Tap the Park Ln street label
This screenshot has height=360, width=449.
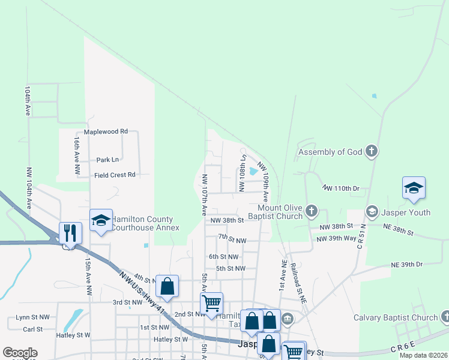click(107, 160)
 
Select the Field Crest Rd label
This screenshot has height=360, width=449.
click(115, 175)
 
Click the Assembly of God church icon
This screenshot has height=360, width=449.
click(372, 152)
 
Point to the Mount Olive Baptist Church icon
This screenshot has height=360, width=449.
click(311, 211)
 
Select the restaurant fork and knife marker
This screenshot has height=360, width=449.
click(70, 232)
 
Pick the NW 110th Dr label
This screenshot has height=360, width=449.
click(340, 188)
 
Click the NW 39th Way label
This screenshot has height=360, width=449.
click(337, 239)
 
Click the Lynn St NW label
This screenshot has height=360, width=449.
click(32, 317)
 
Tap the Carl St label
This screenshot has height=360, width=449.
click(32, 329)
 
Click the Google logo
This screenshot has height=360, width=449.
click(20, 353)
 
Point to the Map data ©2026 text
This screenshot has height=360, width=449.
click(423, 355)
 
